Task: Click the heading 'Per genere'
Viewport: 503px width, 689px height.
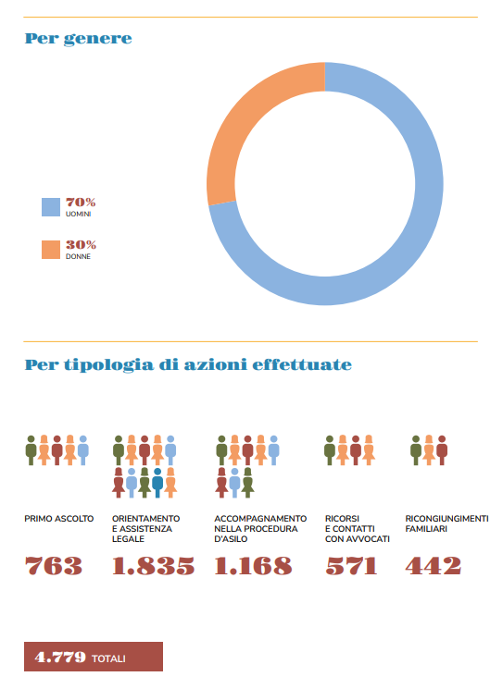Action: (x=79, y=39)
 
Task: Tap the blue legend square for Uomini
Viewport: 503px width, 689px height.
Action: (x=51, y=207)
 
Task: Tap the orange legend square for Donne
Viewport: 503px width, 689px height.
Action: (x=51, y=250)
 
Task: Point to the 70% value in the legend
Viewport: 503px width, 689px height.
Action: (x=81, y=203)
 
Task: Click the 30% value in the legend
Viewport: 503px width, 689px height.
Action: (x=81, y=245)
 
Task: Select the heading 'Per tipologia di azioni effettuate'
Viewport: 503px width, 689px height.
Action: (x=188, y=364)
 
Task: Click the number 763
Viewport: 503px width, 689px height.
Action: (x=53, y=565)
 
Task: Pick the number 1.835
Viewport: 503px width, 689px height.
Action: (x=153, y=565)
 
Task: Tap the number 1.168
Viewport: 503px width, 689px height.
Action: (x=253, y=565)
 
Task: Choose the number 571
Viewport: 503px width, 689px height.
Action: (x=351, y=565)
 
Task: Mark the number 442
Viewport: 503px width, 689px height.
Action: (x=433, y=565)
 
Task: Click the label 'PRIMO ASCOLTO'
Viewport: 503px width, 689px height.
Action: (x=59, y=519)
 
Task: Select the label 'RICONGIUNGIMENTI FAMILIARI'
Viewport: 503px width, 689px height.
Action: (x=446, y=523)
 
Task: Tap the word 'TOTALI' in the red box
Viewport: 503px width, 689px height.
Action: (x=108, y=658)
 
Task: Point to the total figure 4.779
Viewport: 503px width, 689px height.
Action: (x=60, y=658)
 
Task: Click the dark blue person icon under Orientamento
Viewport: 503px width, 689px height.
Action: (x=157, y=483)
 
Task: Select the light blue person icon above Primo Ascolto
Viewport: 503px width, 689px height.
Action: (x=82, y=450)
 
